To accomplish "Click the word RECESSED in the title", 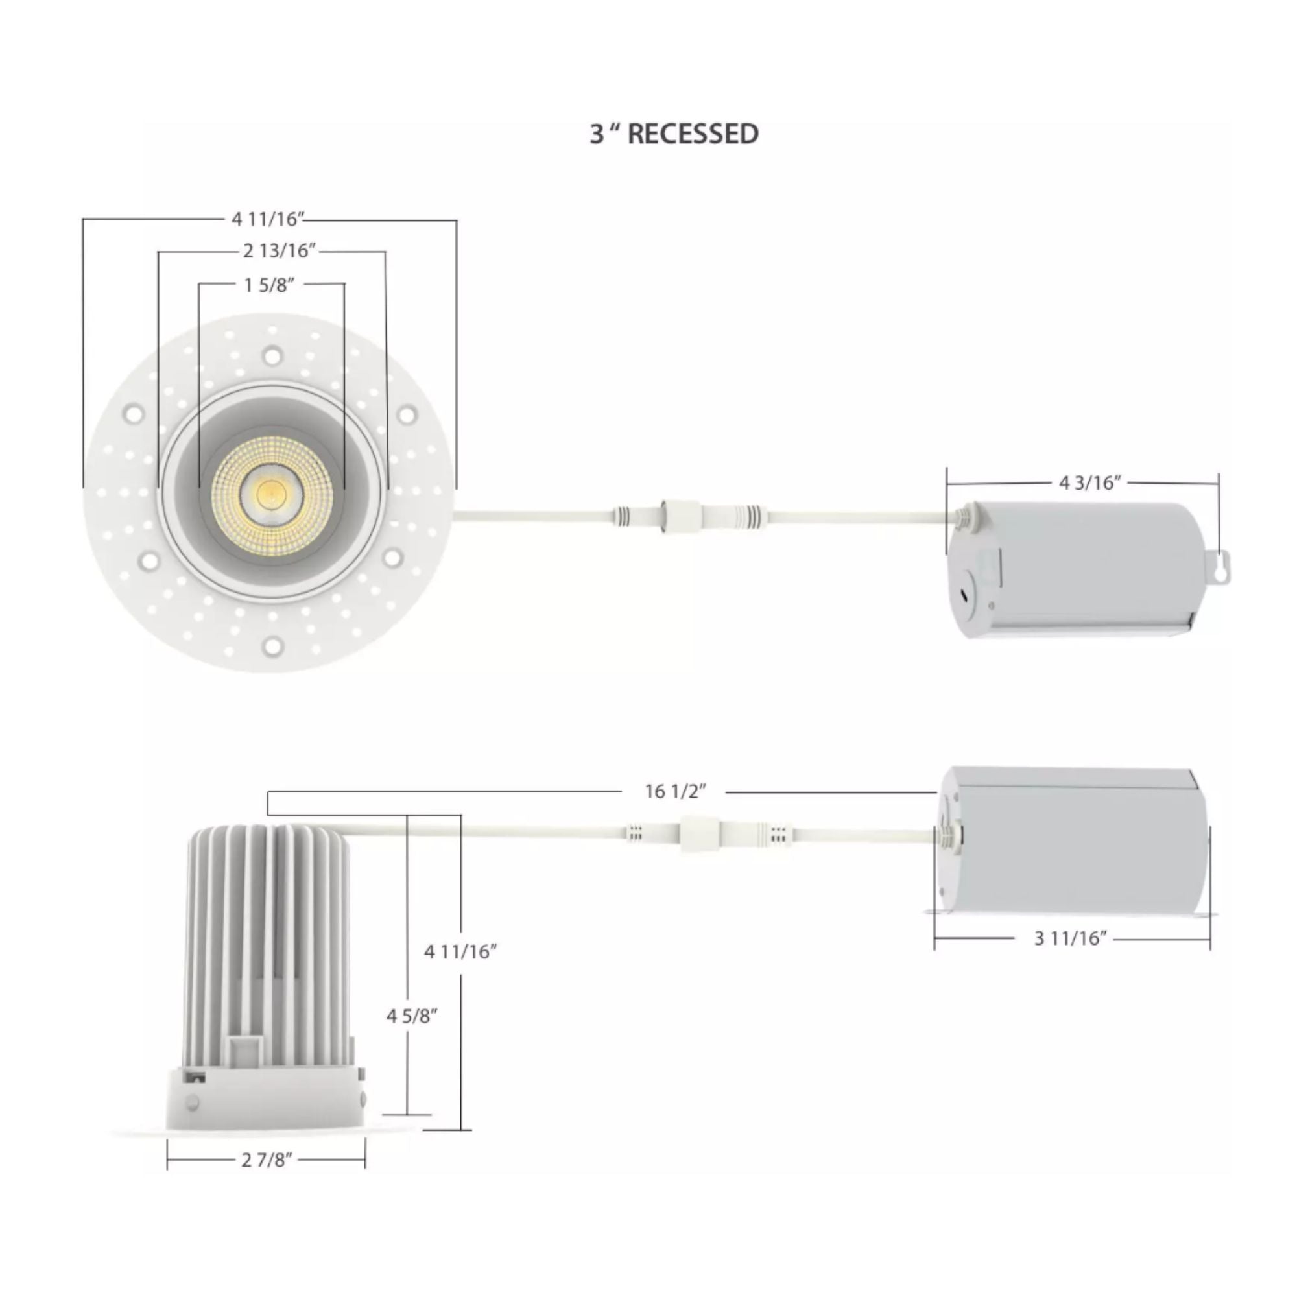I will coord(693,134).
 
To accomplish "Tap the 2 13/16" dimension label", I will coord(280,251).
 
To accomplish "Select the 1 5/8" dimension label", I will coord(268,285).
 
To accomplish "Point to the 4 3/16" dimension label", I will coord(1089,482).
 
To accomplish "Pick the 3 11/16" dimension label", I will coord(1070,938).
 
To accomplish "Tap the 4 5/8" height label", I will coord(412,1016).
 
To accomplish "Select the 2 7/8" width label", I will coord(267,1160).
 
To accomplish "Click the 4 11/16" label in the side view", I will coord(460,951).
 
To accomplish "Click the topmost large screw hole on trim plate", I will coord(272,356).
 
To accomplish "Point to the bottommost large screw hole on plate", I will coord(272,646).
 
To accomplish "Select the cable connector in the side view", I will coord(698,834).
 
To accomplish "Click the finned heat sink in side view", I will coord(268,940).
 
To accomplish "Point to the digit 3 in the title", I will coord(596,134).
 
